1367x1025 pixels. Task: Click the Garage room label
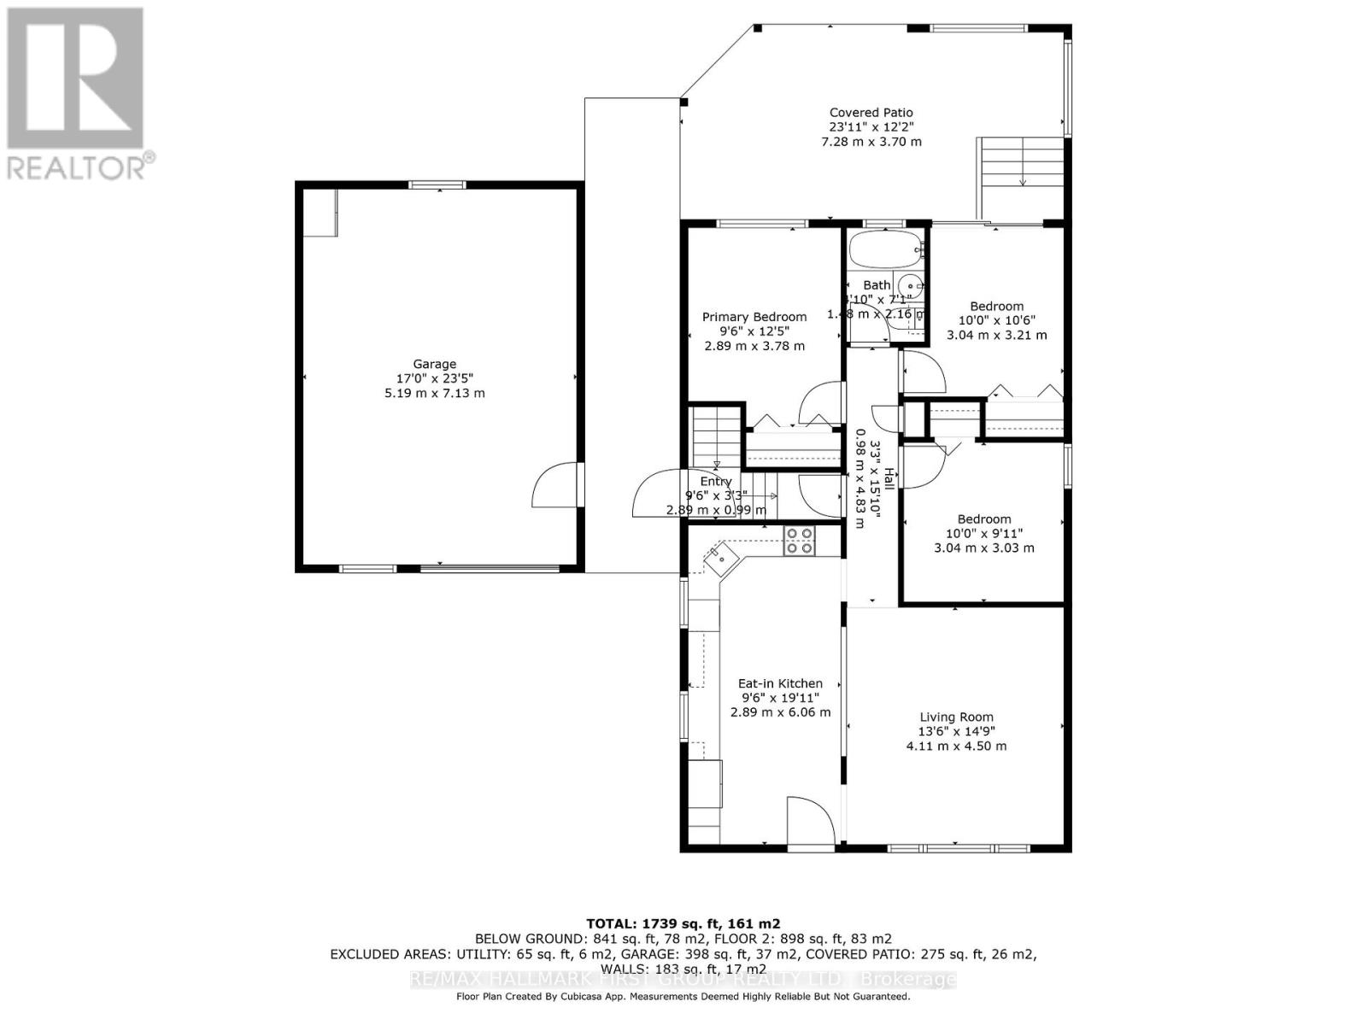[x=434, y=364]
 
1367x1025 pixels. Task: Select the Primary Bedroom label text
[x=754, y=317]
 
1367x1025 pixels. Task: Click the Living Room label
[x=956, y=717]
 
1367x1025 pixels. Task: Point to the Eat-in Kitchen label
[x=780, y=683]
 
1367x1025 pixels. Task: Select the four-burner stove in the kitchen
[x=800, y=541]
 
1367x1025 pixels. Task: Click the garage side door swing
[x=555, y=486]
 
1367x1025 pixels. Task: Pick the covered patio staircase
[x=1021, y=178]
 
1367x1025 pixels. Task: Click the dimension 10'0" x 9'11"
[x=983, y=533]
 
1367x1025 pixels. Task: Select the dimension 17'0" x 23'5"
[x=434, y=378]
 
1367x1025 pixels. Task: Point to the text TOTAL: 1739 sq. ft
[x=683, y=923]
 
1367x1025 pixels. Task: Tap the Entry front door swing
[x=656, y=495]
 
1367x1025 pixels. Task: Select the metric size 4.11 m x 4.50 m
[x=956, y=746]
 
